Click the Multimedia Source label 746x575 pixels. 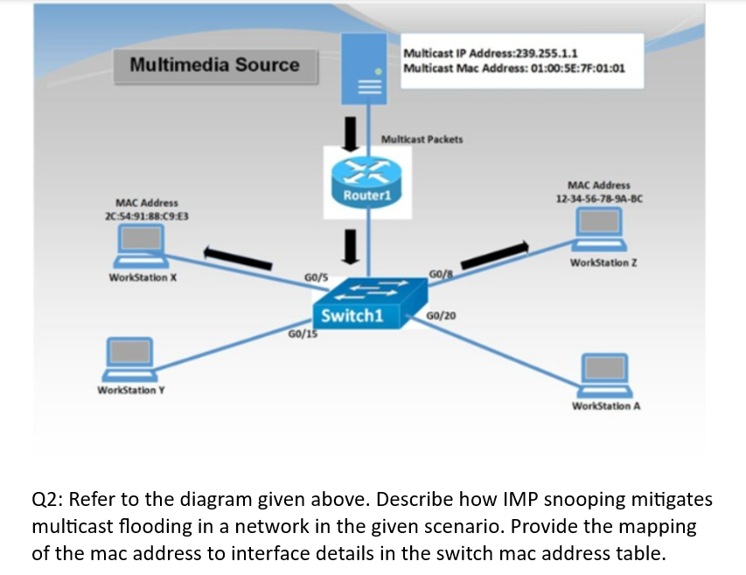tap(214, 65)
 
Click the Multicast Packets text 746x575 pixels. tap(422, 139)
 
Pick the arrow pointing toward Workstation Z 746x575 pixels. tap(495, 255)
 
